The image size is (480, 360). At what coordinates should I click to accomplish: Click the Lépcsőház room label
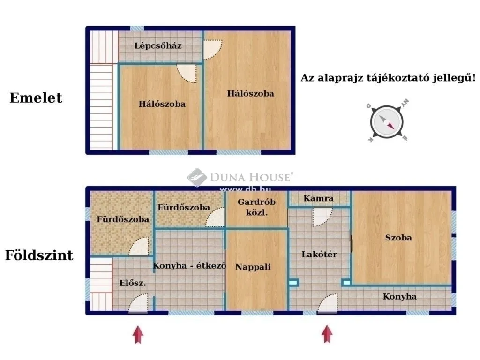[158, 46]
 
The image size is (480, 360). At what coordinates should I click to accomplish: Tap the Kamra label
[318, 198]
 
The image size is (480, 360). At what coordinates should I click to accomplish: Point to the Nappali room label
[253, 267]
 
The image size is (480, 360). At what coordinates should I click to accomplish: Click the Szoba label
[398, 238]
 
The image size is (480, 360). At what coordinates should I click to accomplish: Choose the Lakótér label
[319, 255]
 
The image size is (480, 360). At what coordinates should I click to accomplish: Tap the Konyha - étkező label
[189, 266]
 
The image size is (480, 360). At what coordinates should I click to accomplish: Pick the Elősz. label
[133, 283]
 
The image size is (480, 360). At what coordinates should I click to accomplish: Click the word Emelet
[36, 98]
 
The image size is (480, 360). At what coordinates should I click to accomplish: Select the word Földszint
[39, 255]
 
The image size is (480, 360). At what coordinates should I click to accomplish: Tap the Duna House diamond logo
[197, 178]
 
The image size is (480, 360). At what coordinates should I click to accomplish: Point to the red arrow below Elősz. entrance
[137, 335]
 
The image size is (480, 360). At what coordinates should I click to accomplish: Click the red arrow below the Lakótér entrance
[327, 335]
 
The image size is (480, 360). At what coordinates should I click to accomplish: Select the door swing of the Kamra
[322, 217]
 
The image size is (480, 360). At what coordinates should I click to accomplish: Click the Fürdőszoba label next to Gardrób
[184, 207]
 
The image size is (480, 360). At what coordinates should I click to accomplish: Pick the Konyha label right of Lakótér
[399, 296]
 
